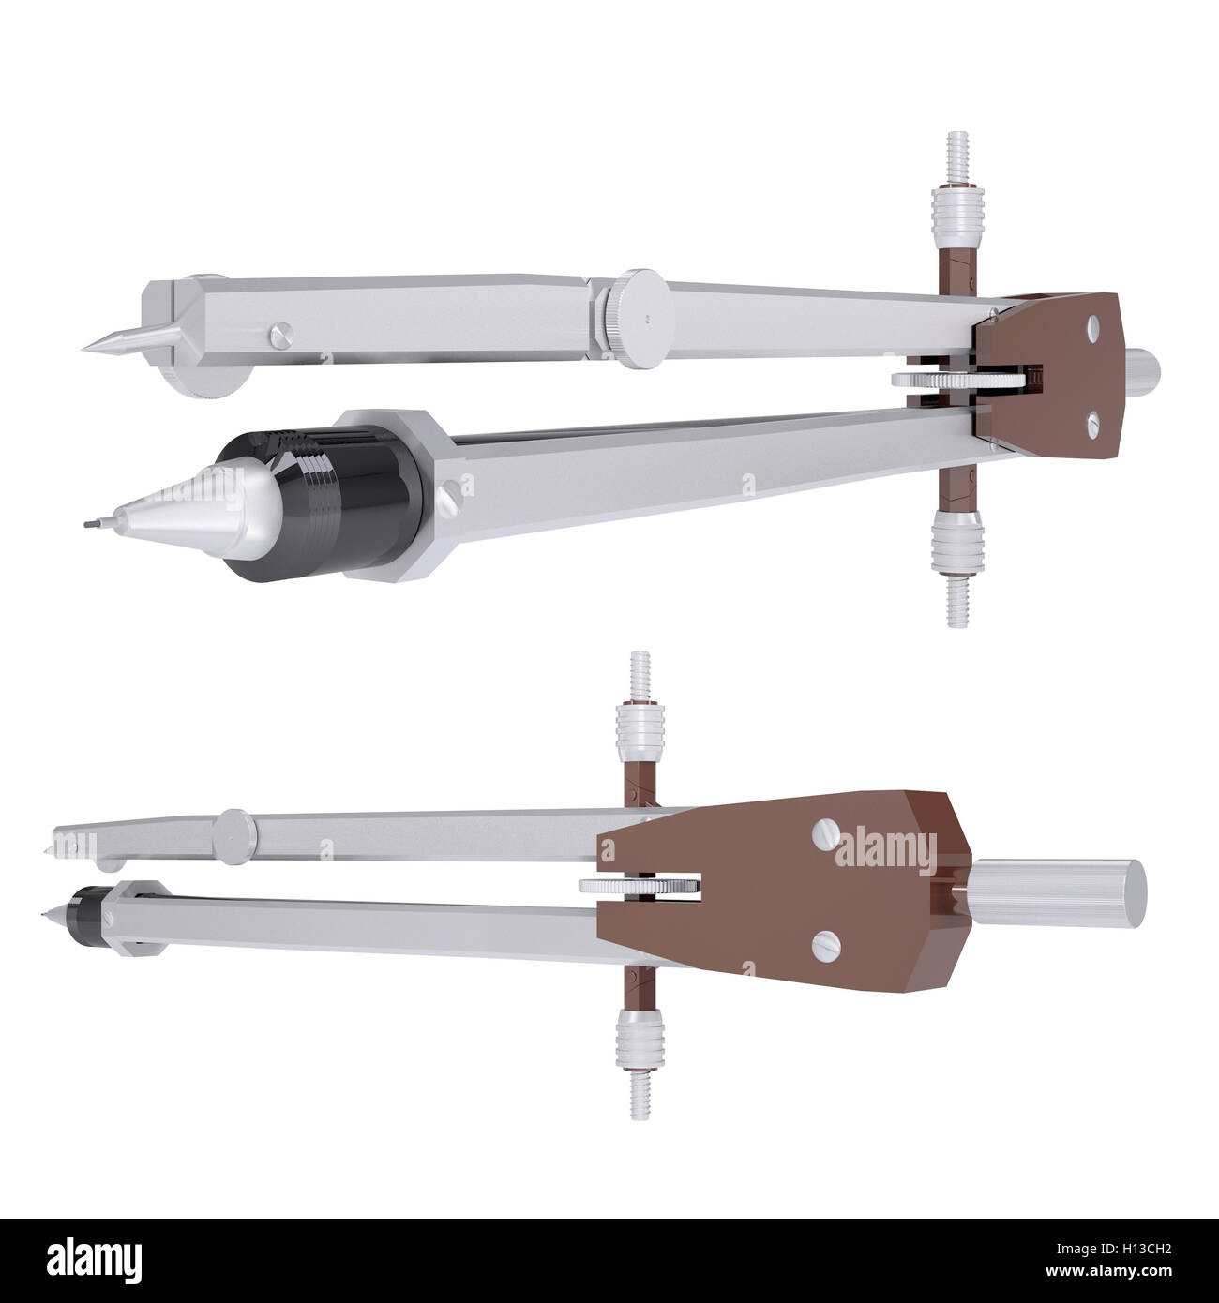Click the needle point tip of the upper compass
click(85, 346)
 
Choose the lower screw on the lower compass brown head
click(826, 940)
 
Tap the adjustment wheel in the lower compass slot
click(640, 886)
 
